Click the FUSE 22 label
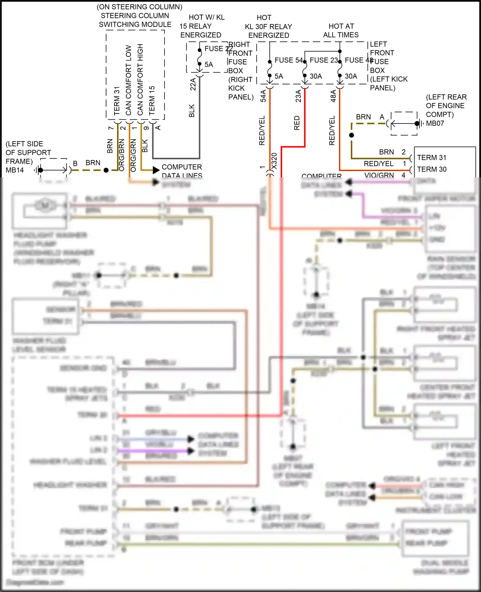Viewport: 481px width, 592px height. point(218,49)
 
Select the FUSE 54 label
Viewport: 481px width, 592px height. point(288,60)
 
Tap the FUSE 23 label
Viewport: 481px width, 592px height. point(324,60)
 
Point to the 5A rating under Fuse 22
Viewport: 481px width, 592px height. point(209,64)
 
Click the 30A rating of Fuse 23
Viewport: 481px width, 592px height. point(316,76)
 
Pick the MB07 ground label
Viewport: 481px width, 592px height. point(435,123)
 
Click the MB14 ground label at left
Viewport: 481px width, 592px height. point(15,170)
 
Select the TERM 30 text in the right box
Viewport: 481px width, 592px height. point(432,169)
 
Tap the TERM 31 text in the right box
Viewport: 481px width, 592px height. point(432,157)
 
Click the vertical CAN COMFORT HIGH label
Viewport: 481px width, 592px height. point(140,80)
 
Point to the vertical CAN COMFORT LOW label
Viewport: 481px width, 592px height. point(129,80)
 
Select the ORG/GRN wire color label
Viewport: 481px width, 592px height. point(133,155)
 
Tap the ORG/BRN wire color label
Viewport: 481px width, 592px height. point(122,155)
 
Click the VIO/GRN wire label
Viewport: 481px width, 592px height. point(379,175)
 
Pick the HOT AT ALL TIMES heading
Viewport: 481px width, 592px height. point(341,30)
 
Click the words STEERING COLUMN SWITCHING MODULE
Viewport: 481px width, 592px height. point(135,20)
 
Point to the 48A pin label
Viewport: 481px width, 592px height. point(333,96)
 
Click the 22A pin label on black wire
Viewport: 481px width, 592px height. point(193,84)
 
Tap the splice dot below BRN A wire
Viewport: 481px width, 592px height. point(351,135)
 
